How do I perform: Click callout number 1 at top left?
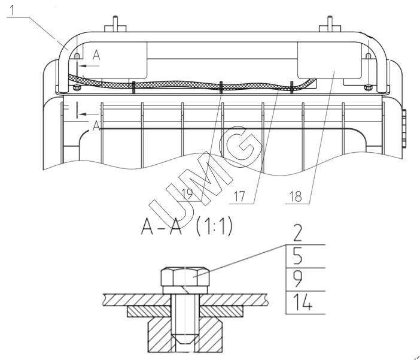13,10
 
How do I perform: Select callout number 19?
187,194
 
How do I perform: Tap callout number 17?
239,196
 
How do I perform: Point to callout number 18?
296,196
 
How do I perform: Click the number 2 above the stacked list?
297,233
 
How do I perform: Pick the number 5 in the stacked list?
297,256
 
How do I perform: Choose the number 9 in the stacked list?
297,279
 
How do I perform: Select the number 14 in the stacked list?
302,302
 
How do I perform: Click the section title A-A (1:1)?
187,226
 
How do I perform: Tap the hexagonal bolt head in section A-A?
185,277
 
